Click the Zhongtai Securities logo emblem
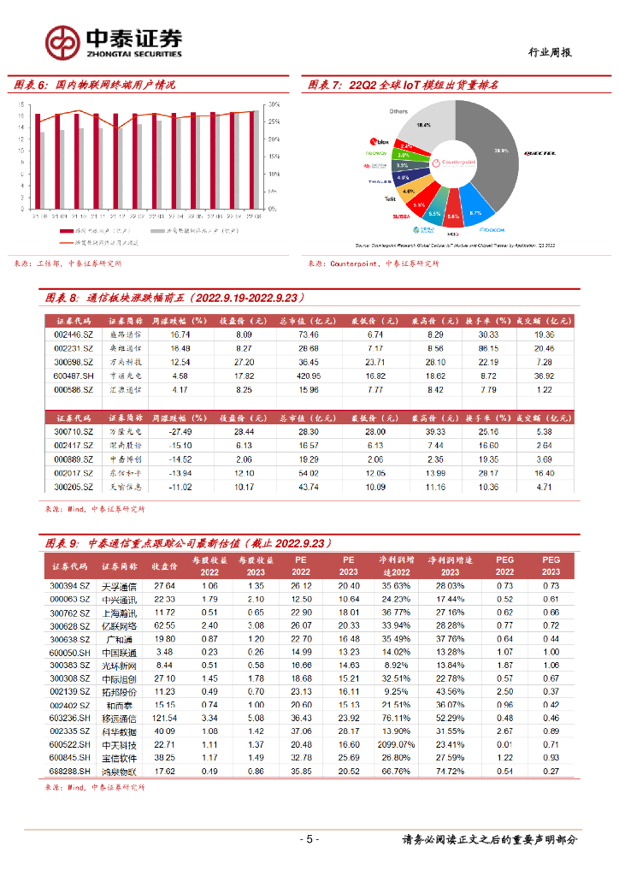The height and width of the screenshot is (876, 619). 62,41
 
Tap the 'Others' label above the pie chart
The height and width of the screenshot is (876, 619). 398,111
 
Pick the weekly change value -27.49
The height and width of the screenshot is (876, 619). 179,432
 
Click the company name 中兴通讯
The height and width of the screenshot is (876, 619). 119,599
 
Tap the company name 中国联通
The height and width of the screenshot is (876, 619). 119,652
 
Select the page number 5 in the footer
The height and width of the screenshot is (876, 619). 309,839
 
